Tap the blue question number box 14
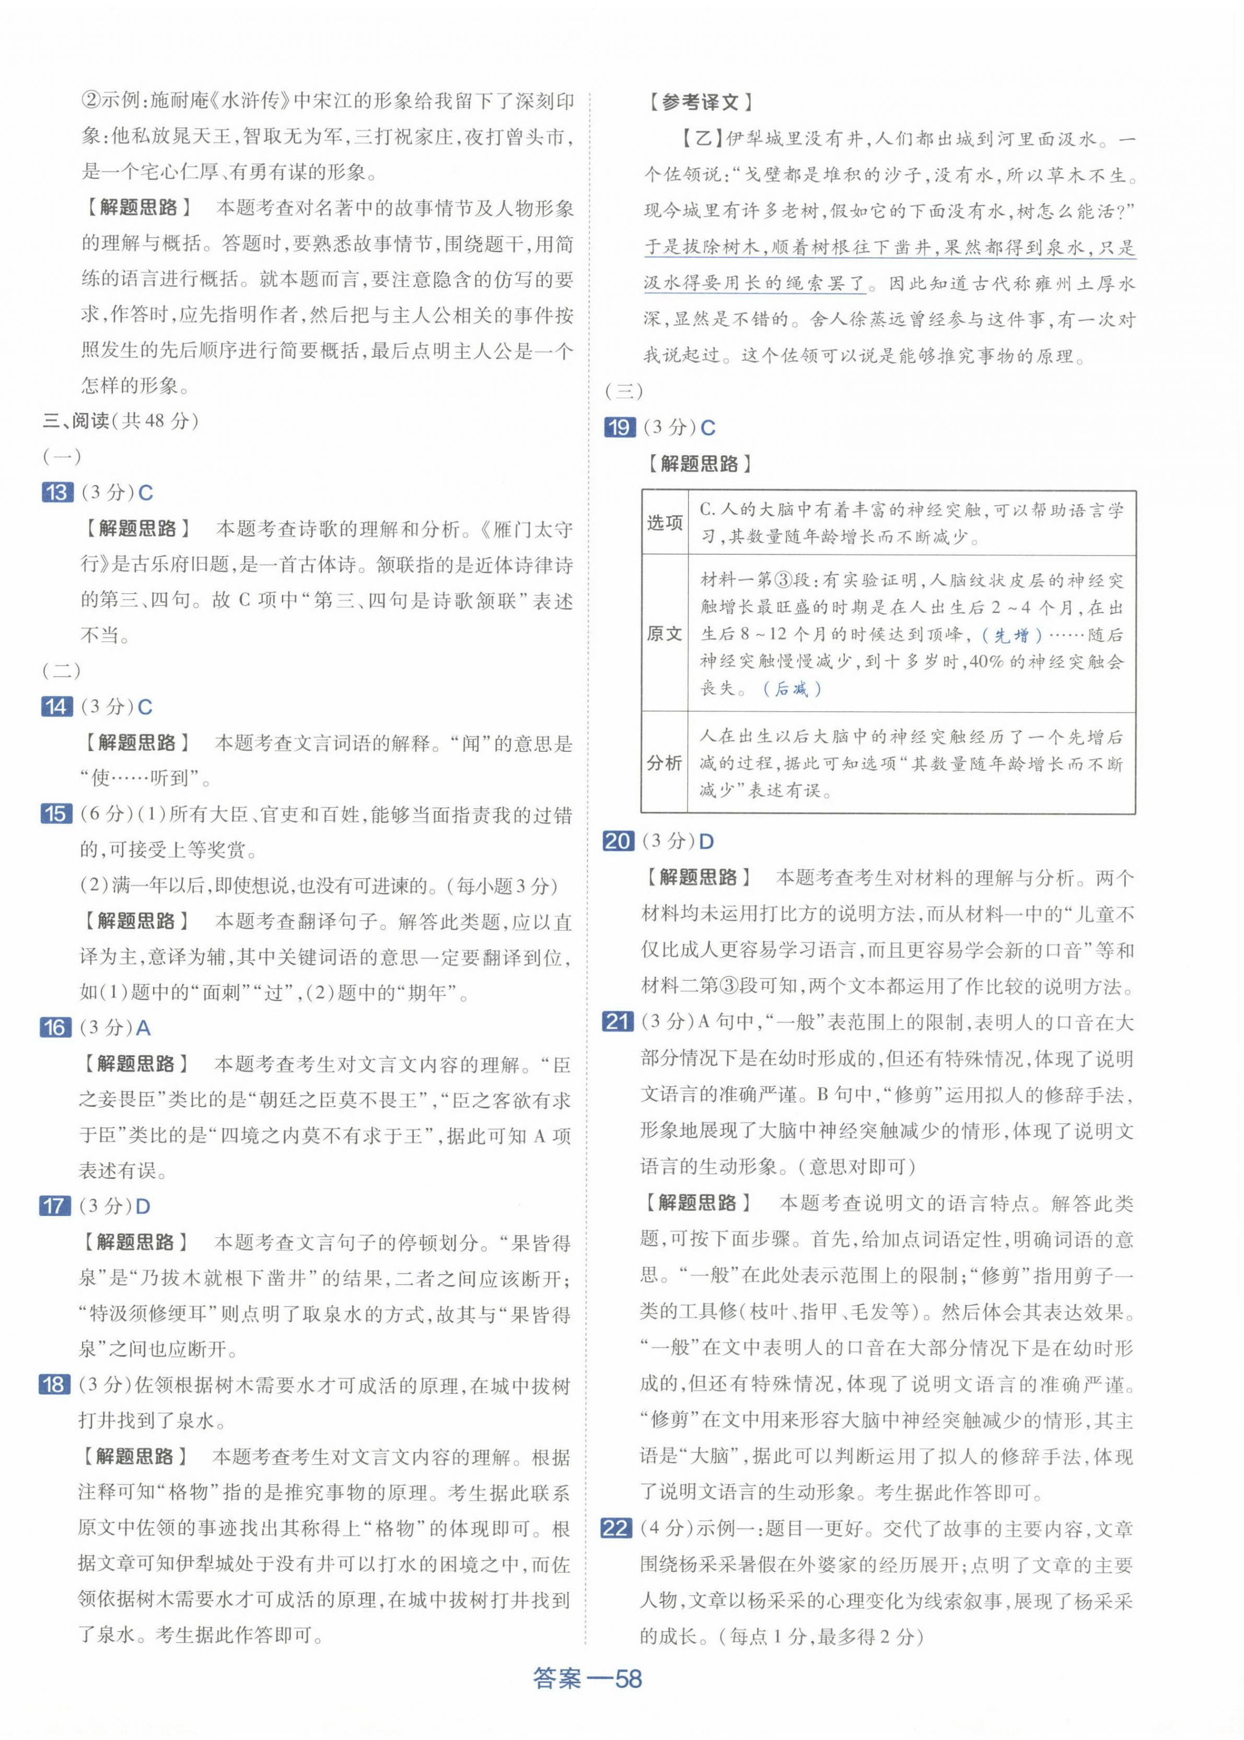pyautogui.click(x=56, y=706)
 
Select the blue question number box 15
pyautogui.click(x=56, y=814)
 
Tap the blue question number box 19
pyautogui.click(x=619, y=427)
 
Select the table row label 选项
pyautogui.click(x=664, y=523)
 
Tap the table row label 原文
pyautogui.click(x=664, y=634)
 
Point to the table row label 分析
pyautogui.click(x=664, y=763)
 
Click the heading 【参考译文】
pyautogui.click(x=699, y=102)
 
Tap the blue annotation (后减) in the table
pyautogui.click(x=792, y=688)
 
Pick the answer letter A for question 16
pyautogui.click(x=143, y=1029)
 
